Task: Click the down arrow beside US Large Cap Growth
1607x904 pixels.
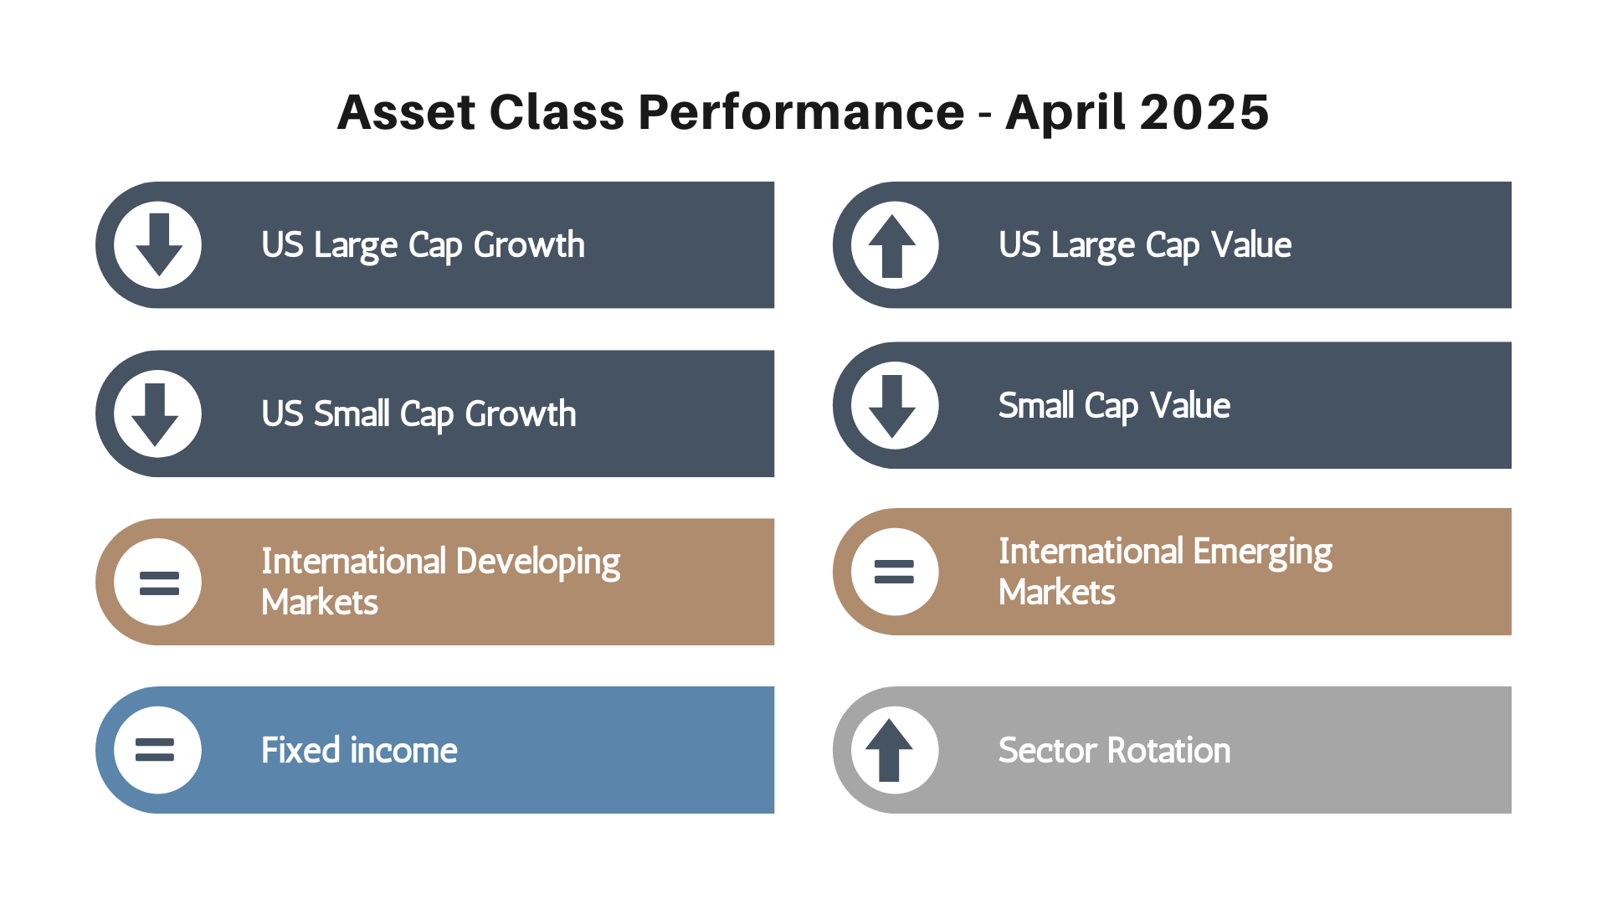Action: (x=159, y=244)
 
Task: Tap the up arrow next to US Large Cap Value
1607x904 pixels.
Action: (x=892, y=246)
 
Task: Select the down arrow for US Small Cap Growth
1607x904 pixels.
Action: (x=155, y=414)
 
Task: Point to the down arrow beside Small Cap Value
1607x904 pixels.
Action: (x=892, y=406)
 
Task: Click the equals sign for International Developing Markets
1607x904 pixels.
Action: (x=159, y=583)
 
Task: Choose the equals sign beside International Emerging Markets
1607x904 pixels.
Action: (x=894, y=572)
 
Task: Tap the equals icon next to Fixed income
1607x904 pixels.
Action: (x=155, y=749)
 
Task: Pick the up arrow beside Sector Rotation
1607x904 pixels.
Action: (x=889, y=750)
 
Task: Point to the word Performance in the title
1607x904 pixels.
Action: (x=801, y=112)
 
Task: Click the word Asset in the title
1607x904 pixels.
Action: (x=407, y=112)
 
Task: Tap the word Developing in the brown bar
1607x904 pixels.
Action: (x=538, y=563)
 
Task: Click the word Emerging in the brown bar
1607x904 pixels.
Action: (x=1262, y=553)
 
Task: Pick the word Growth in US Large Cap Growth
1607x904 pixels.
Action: (x=529, y=245)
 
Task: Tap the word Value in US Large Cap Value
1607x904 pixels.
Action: (x=1251, y=245)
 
